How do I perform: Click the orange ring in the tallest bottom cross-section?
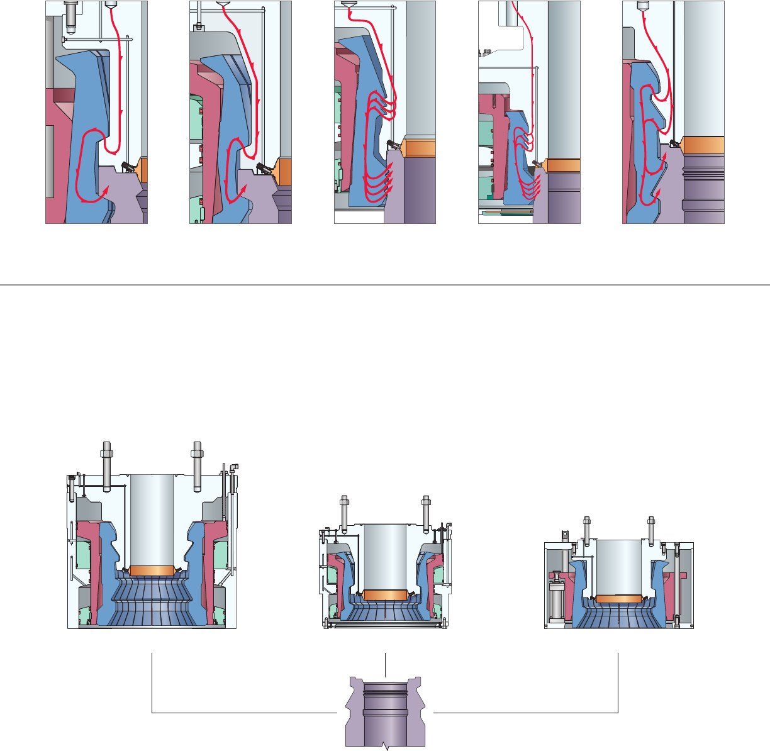(151, 570)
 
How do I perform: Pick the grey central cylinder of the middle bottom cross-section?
(385, 557)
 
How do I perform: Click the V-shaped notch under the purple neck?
(386, 747)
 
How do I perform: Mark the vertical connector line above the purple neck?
(385, 665)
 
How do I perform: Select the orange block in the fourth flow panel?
(562, 165)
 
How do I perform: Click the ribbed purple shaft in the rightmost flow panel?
(704, 189)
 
